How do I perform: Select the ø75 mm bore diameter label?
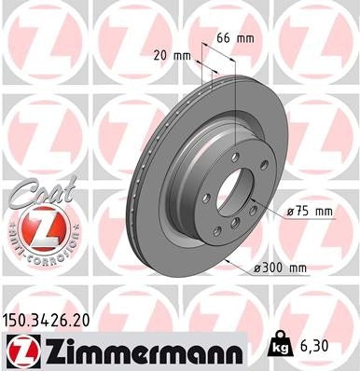pyautogui.click(x=310, y=212)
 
